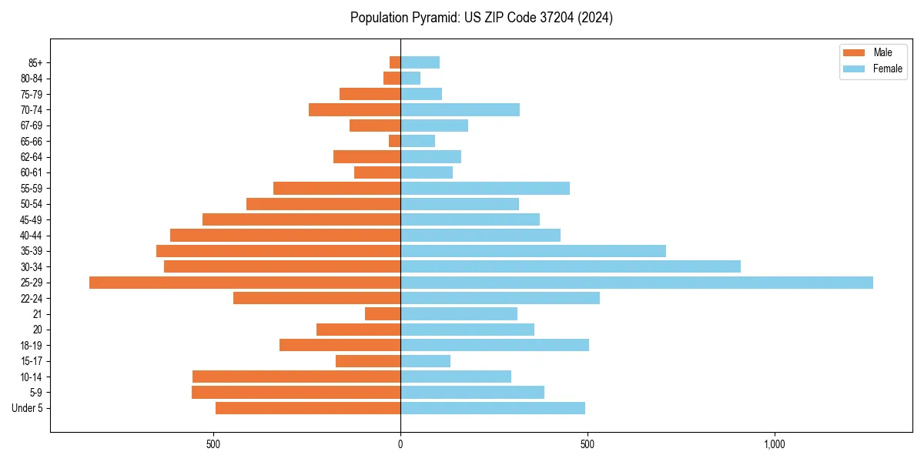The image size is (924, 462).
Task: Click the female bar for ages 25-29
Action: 636,283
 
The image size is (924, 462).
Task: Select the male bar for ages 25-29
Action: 245,283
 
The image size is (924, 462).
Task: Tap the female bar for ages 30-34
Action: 570,266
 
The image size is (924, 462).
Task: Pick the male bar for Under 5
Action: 308,408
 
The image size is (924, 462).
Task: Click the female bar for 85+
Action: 420,62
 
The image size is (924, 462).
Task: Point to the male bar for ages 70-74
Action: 354,110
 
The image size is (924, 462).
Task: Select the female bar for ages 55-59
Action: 485,189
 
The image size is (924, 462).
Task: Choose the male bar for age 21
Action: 383,314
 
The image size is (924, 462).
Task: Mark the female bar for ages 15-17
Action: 425,361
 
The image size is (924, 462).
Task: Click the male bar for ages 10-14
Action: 296,377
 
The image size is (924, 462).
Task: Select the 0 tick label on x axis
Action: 400,444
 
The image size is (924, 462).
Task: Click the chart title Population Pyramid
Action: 481,18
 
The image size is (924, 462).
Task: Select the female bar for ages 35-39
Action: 533,251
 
